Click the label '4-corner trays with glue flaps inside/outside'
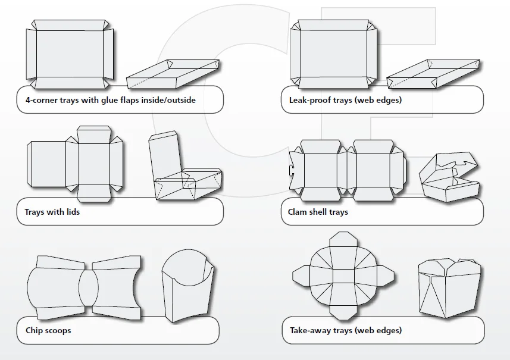[110, 100]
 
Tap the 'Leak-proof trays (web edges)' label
[341, 100]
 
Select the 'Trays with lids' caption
[52, 212]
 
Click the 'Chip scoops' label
[48, 330]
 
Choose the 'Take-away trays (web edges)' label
[346, 330]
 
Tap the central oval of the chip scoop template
[89, 288]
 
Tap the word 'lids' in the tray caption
[71, 212]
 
